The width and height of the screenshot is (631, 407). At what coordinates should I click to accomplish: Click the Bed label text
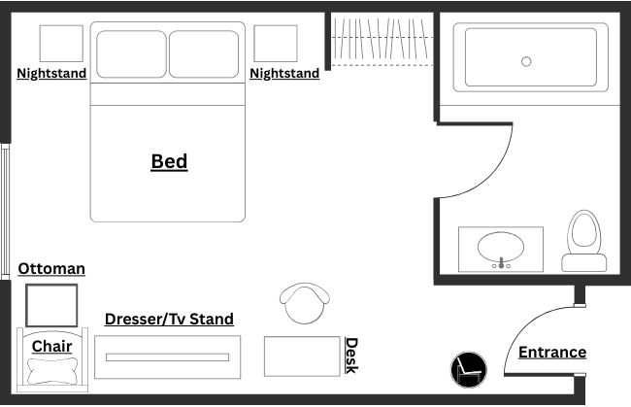[x=169, y=161]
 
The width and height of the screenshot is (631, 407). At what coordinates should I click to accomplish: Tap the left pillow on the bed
[x=130, y=53]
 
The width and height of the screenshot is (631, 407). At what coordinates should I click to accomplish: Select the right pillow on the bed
[x=204, y=53]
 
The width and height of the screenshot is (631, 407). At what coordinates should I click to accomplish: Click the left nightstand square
[x=61, y=44]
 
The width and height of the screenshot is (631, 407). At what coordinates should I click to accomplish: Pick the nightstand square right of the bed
[x=276, y=44]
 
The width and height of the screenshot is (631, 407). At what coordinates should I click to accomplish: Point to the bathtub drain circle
[x=526, y=61]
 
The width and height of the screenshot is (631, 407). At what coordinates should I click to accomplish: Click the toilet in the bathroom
[x=584, y=241]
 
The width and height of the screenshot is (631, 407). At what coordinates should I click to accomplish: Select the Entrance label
[x=551, y=352]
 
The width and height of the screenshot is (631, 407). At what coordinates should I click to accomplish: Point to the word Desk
[x=351, y=356]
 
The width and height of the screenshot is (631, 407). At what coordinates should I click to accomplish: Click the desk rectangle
[x=302, y=356]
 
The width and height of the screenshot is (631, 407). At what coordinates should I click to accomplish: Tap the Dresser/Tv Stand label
[x=169, y=319]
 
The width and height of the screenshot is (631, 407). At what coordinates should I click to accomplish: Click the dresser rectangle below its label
[x=168, y=357]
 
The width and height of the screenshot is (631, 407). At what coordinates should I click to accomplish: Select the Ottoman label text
[x=51, y=268]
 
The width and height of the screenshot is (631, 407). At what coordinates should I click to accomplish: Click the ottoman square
[x=51, y=305]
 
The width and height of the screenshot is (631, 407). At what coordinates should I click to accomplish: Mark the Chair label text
[x=51, y=346]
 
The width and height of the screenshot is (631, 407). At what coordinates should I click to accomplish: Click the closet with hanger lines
[x=381, y=39]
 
